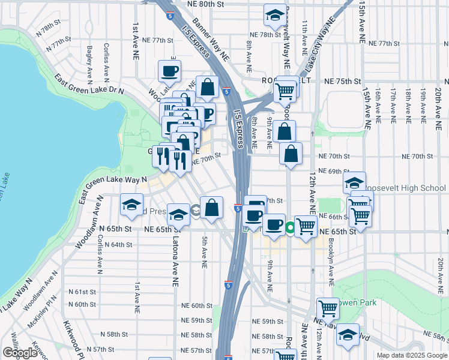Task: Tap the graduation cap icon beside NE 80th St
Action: click(275, 16)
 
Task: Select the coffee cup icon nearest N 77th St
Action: click(169, 72)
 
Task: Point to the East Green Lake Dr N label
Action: click(88, 85)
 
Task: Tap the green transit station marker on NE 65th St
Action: click(291, 228)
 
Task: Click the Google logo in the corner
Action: click(20, 353)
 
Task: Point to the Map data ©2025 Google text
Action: click(411, 355)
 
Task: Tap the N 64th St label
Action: click(116, 244)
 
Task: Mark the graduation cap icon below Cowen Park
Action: click(348, 335)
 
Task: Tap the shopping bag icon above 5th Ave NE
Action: click(211, 208)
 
